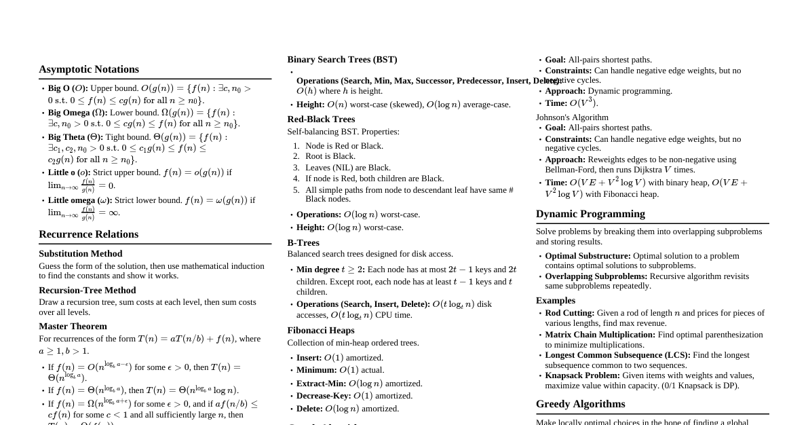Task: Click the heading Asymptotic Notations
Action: coord(89,69)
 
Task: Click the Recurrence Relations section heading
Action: coord(88,234)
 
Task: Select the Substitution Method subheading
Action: coord(80,254)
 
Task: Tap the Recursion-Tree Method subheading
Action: coord(87,291)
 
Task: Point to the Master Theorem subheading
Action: coord(73,327)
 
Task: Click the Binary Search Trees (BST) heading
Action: coord(342,60)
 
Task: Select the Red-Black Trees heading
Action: coord(321,119)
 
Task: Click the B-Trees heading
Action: coord(303,243)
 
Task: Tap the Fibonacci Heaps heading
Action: coord(321,331)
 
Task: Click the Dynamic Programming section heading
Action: coord(590,214)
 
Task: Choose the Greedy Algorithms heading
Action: coord(580,404)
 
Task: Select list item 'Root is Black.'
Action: coord(330,156)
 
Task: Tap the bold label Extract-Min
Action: coord(322,384)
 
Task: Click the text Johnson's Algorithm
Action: coord(572,117)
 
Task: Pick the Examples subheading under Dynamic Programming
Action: coord(555,301)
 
